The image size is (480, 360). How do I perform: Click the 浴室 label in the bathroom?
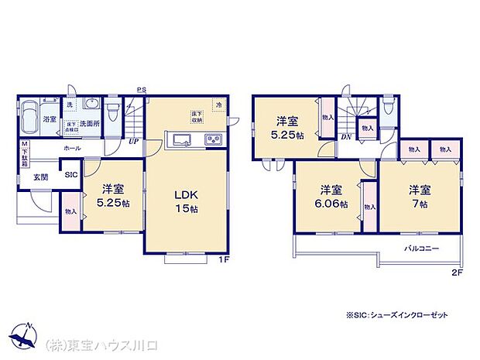(50, 119)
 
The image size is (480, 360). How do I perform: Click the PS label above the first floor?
(142, 89)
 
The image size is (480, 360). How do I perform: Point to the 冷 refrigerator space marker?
(219, 105)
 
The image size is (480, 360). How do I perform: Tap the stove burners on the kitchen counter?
(213, 140)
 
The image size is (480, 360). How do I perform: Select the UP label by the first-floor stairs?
(134, 142)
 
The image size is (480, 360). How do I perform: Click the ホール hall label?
(72, 146)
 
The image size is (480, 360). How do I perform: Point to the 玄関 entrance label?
(40, 177)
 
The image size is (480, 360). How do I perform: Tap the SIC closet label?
(70, 175)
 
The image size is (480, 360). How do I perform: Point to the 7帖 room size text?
(420, 204)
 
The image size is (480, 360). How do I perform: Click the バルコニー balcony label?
(422, 249)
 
